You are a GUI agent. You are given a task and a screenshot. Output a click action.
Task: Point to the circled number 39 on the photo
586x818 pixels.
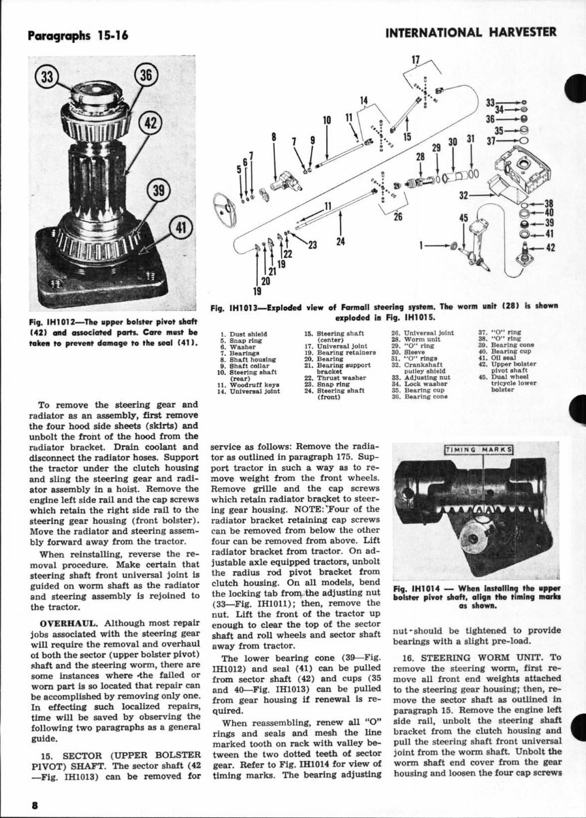click(x=160, y=191)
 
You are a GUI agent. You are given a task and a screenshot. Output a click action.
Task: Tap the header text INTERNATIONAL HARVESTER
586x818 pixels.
click(x=470, y=32)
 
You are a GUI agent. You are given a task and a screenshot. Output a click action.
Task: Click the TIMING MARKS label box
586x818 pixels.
click(x=478, y=449)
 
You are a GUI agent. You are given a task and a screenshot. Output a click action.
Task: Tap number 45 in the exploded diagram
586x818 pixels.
click(x=464, y=218)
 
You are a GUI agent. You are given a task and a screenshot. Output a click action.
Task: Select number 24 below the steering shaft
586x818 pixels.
click(x=340, y=240)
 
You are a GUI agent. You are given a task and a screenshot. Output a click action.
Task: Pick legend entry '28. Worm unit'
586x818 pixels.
click(x=416, y=339)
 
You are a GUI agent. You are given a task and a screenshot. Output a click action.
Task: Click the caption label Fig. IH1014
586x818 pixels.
click(x=419, y=587)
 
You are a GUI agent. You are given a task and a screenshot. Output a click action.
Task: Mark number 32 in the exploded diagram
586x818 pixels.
click(x=465, y=195)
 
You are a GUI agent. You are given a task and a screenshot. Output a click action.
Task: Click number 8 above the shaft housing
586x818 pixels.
click(x=274, y=135)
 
